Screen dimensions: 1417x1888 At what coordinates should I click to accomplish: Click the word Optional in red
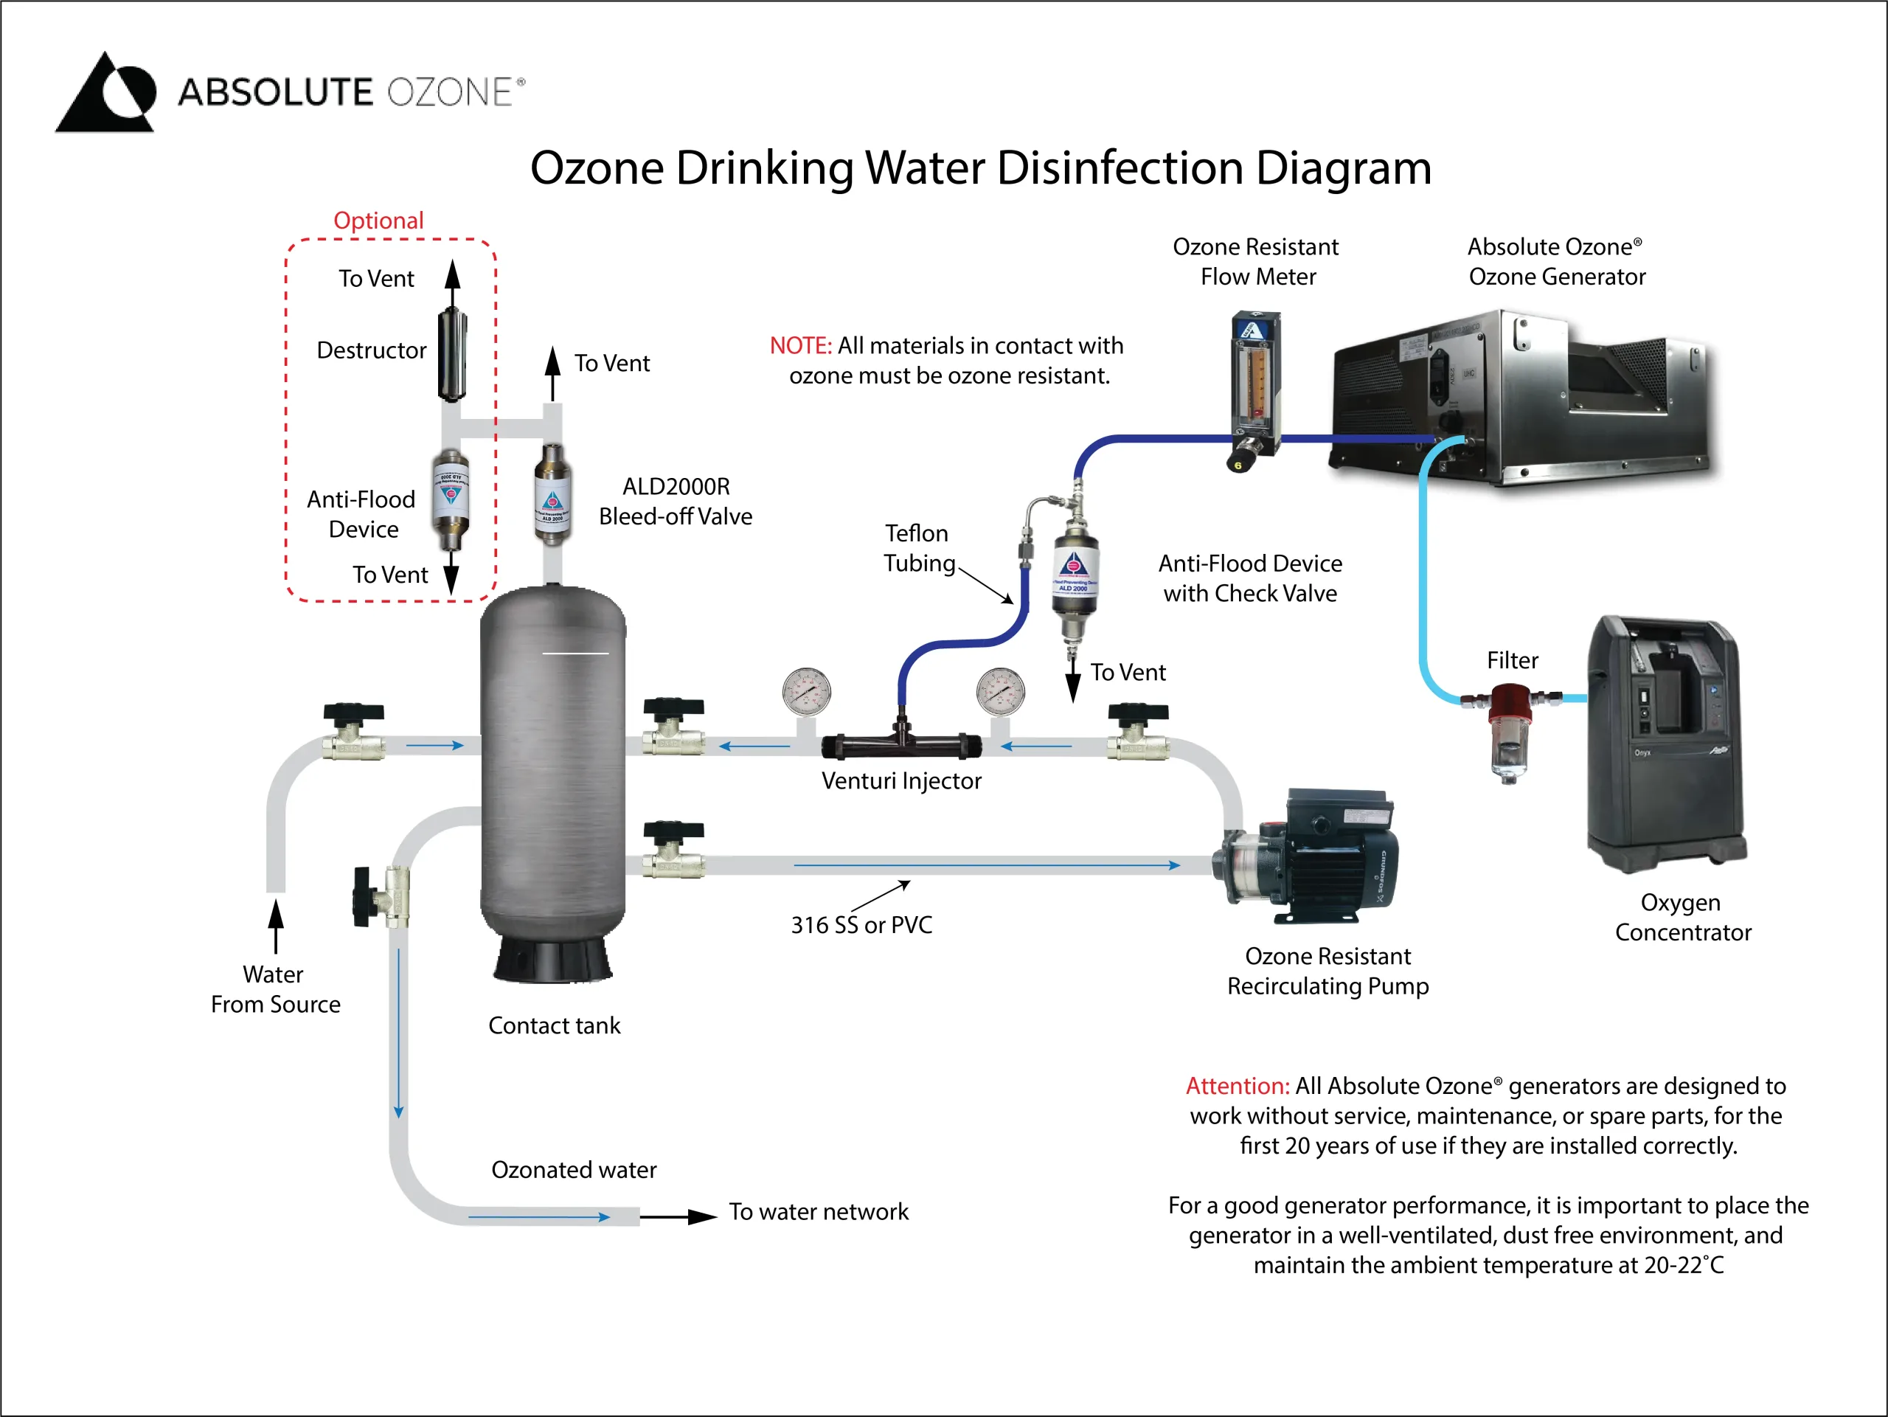(378, 221)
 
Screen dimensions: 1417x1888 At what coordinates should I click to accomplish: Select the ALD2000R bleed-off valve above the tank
(552, 494)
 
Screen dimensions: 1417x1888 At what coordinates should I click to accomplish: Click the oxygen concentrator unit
(1665, 743)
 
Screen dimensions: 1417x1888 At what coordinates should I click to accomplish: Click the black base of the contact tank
(553, 960)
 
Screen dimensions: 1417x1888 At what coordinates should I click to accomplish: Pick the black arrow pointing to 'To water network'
(679, 1216)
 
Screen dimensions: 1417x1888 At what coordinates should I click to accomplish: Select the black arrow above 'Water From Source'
(276, 925)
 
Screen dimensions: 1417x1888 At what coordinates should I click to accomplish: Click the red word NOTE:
(799, 346)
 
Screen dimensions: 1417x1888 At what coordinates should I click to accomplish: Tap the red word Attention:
(1237, 1086)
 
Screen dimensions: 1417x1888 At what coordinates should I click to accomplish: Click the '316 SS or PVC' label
(861, 925)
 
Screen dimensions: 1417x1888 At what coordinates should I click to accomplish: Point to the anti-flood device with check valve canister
(1075, 574)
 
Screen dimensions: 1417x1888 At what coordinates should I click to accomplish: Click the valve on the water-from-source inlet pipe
(353, 734)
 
